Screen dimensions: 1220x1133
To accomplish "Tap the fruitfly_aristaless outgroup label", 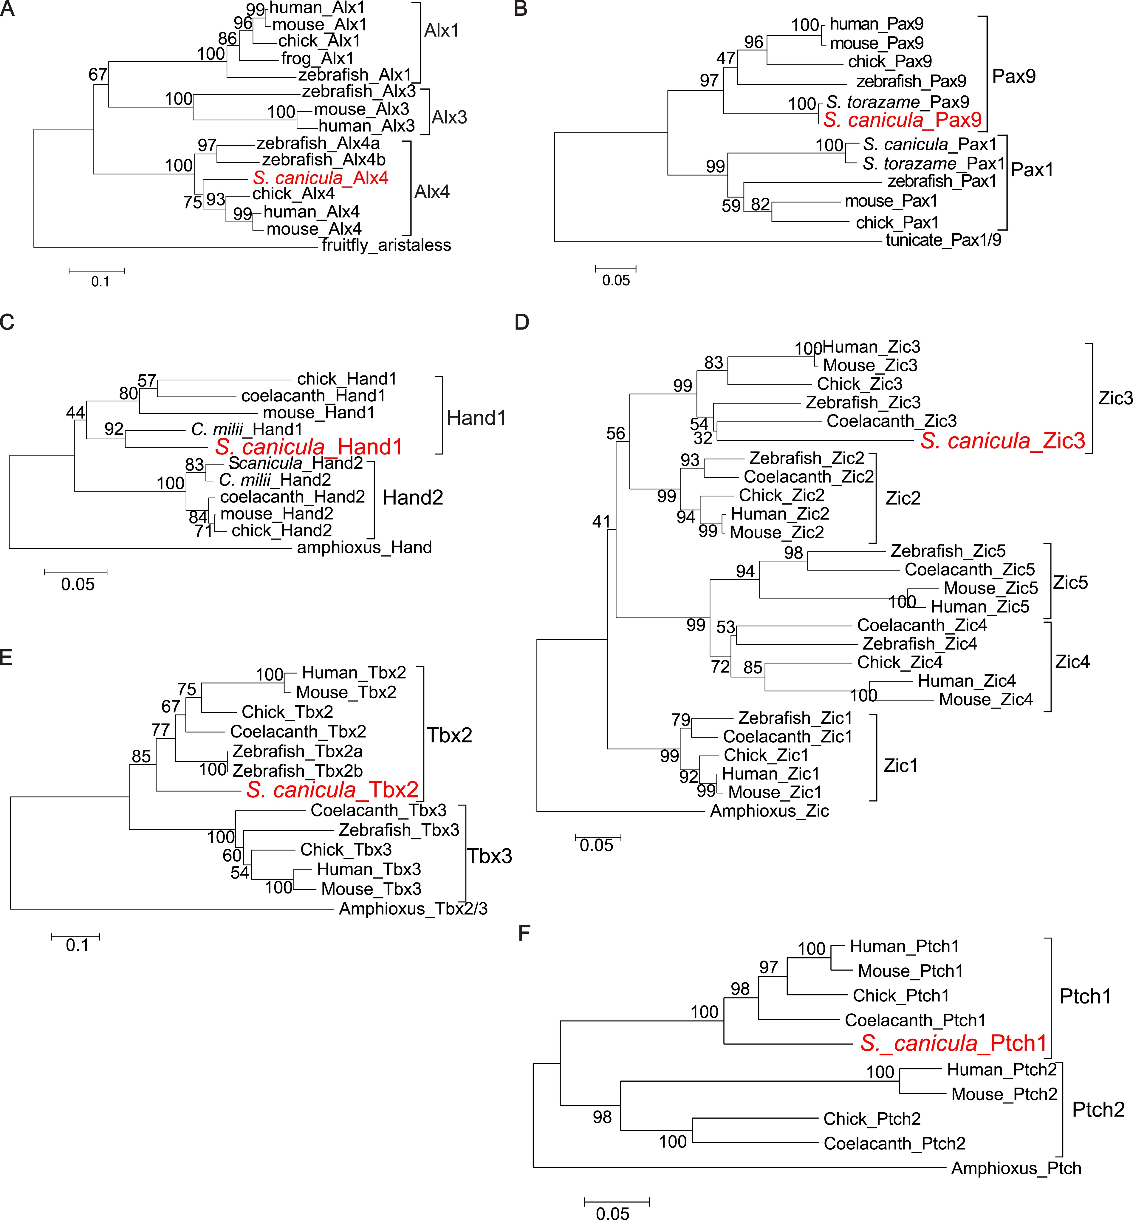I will point(386,245).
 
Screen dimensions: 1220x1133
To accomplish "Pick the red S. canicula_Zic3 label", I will point(1002,441).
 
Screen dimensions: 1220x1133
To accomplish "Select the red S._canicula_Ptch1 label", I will point(954,1043).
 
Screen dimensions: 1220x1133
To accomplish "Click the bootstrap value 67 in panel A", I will point(98,75).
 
